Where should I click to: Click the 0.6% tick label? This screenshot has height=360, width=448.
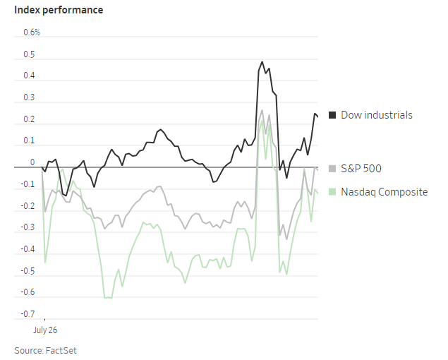(x=32, y=32)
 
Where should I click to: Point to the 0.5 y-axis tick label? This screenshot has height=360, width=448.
(x=30, y=54)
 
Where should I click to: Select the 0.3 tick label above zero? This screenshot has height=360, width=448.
(x=30, y=97)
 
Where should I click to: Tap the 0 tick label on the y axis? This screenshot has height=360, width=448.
(x=32, y=162)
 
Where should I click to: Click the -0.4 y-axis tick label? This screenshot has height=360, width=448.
(x=28, y=249)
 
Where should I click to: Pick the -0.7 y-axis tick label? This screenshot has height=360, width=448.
(x=28, y=313)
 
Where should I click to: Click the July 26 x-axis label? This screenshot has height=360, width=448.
(x=46, y=330)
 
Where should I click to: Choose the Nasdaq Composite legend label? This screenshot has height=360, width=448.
(x=384, y=191)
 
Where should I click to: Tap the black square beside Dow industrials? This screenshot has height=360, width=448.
(x=332, y=114)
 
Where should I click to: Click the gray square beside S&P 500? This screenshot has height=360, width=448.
(x=332, y=169)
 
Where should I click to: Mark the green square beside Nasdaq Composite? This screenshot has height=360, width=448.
(x=332, y=191)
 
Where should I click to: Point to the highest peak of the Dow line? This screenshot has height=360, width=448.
(x=262, y=61)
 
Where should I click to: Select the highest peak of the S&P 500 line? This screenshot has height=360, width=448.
(x=262, y=109)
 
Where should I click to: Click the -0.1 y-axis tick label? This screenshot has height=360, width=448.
(x=28, y=184)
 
